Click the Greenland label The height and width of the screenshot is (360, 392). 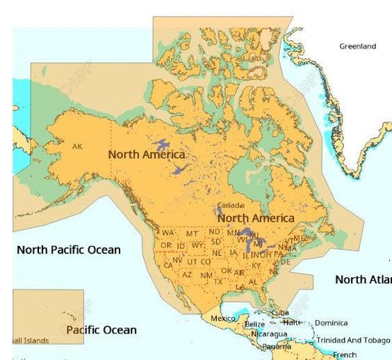pyautogui.click(x=357, y=47)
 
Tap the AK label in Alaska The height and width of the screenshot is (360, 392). pyautogui.click(x=77, y=147)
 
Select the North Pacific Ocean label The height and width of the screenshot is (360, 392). pyautogui.click(x=69, y=249)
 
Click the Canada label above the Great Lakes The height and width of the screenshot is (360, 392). pyautogui.click(x=231, y=206)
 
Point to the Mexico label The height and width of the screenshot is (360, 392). pyautogui.click(x=223, y=318)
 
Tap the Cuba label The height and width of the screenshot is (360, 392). pyautogui.click(x=280, y=313)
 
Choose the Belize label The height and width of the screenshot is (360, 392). pyautogui.click(x=254, y=324)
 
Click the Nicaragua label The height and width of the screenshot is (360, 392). pyautogui.click(x=269, y=334)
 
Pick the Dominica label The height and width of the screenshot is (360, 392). pyautogui.click(x=331, y=323)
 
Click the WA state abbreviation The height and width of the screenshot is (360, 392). pyautogui.click(x=168, y=233)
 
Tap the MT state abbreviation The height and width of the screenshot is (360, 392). pyautogui.click(x=192, y=234)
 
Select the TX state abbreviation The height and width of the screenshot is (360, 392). pyautogui.click(x=218, y=281)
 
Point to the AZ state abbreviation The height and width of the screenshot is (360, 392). pyautogui.click(x=187, y=275)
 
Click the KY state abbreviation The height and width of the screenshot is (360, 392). pyautogui.click(x=256, y=265)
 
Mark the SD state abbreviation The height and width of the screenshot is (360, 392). pyautogui.click(x=215, y=242)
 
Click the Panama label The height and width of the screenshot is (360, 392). pyautogui.click(x=277, y=346)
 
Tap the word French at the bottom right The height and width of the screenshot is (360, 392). pyautogui.click(x=345, y=354)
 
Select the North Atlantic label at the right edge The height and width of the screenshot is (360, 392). pyautogui.click(x=363, y=279)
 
